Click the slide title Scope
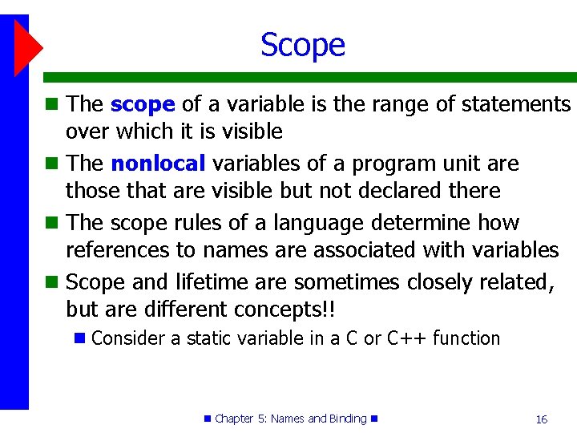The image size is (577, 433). tap(302, 45)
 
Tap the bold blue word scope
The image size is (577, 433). tap(142, 104)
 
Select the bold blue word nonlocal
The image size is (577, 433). tap(158, 164)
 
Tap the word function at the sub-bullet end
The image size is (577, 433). tap(466, 338)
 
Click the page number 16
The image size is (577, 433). tap(541, 419)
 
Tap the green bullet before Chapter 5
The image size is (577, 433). tap(208, 419)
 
